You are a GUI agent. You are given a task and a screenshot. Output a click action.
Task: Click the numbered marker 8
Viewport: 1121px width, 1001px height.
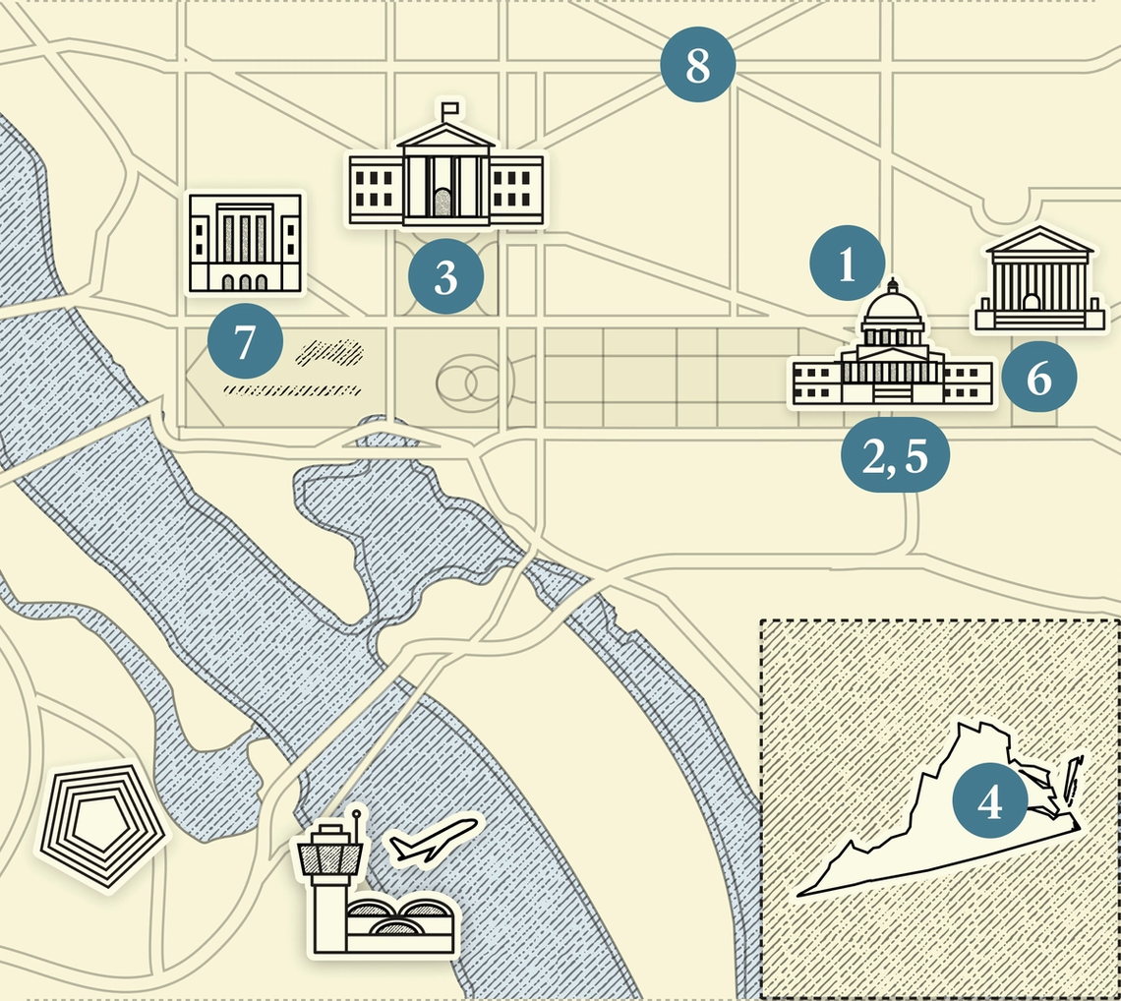point(697,66)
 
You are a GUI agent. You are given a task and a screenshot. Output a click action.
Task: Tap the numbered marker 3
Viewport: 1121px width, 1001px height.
point(445,278)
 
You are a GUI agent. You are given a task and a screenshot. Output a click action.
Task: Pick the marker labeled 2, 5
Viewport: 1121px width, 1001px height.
point(895,457)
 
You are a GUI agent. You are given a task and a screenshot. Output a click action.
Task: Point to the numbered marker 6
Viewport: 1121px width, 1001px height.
point(1038,379)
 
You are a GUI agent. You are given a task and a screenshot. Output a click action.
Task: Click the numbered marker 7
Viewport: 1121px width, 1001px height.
point(245,343)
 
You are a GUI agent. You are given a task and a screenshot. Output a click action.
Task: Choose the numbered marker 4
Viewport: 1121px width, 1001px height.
point(990,802)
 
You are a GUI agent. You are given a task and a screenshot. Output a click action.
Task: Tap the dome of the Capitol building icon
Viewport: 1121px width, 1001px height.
point(892,310)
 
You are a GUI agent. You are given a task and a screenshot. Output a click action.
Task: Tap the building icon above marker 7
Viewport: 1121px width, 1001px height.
point(245,243)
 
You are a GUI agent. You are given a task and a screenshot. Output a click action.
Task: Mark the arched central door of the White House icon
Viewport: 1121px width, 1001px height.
point(445,201)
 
